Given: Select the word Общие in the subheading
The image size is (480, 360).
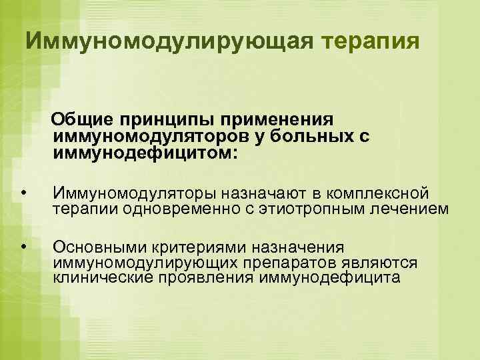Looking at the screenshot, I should [83, 119].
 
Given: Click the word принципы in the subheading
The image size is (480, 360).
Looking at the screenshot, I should [161, 119].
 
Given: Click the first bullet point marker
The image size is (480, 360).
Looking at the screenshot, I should [23, 193].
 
